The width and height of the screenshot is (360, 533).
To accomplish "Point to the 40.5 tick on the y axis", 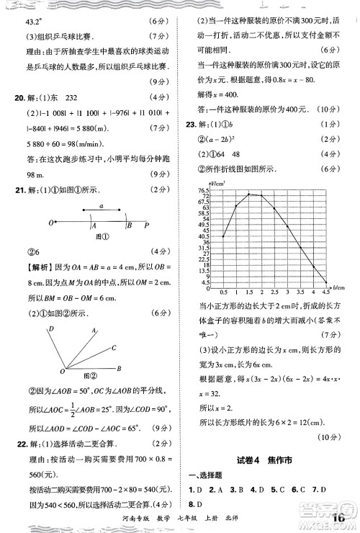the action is point(205,236).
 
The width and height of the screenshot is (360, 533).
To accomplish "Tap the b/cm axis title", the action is point(340,287).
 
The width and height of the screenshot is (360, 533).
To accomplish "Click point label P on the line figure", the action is point(147,224).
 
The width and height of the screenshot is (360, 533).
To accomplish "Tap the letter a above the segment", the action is point(101,205).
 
